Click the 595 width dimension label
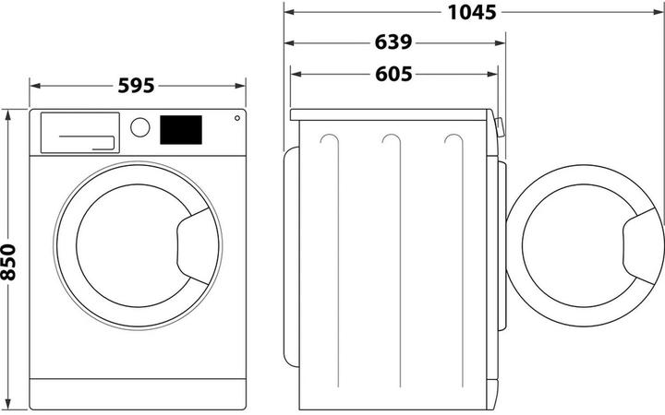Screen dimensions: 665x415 click(136, 86)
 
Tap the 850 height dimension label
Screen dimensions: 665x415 click(8, 262)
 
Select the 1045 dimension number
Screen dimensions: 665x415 click(472, 12)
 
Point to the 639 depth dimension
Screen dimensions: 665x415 click(393, 42)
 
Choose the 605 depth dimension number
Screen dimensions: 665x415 click(393, 74)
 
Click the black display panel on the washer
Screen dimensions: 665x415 click(181, 130)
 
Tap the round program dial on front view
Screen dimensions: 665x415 click(140, 127)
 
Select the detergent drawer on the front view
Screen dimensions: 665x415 click(80, 133)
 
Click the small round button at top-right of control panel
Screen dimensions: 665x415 click(237, 118)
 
